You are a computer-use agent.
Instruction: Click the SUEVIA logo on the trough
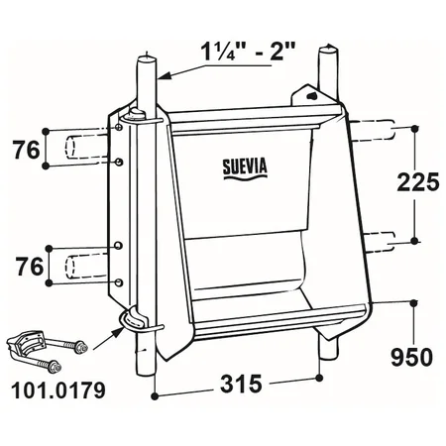coord(245,168)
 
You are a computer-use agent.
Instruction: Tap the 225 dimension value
coord(418,182)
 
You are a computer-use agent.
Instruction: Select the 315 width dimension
coord(241,384)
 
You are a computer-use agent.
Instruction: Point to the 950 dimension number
coord(411,357)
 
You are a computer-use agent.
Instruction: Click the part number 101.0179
coord(58,390)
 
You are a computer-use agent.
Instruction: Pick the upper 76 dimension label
coord(26,150)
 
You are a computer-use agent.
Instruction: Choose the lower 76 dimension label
coord(30,267)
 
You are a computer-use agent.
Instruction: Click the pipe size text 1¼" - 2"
coord(248,52)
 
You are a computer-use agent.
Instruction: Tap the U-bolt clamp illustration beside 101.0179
coord(48,351)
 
